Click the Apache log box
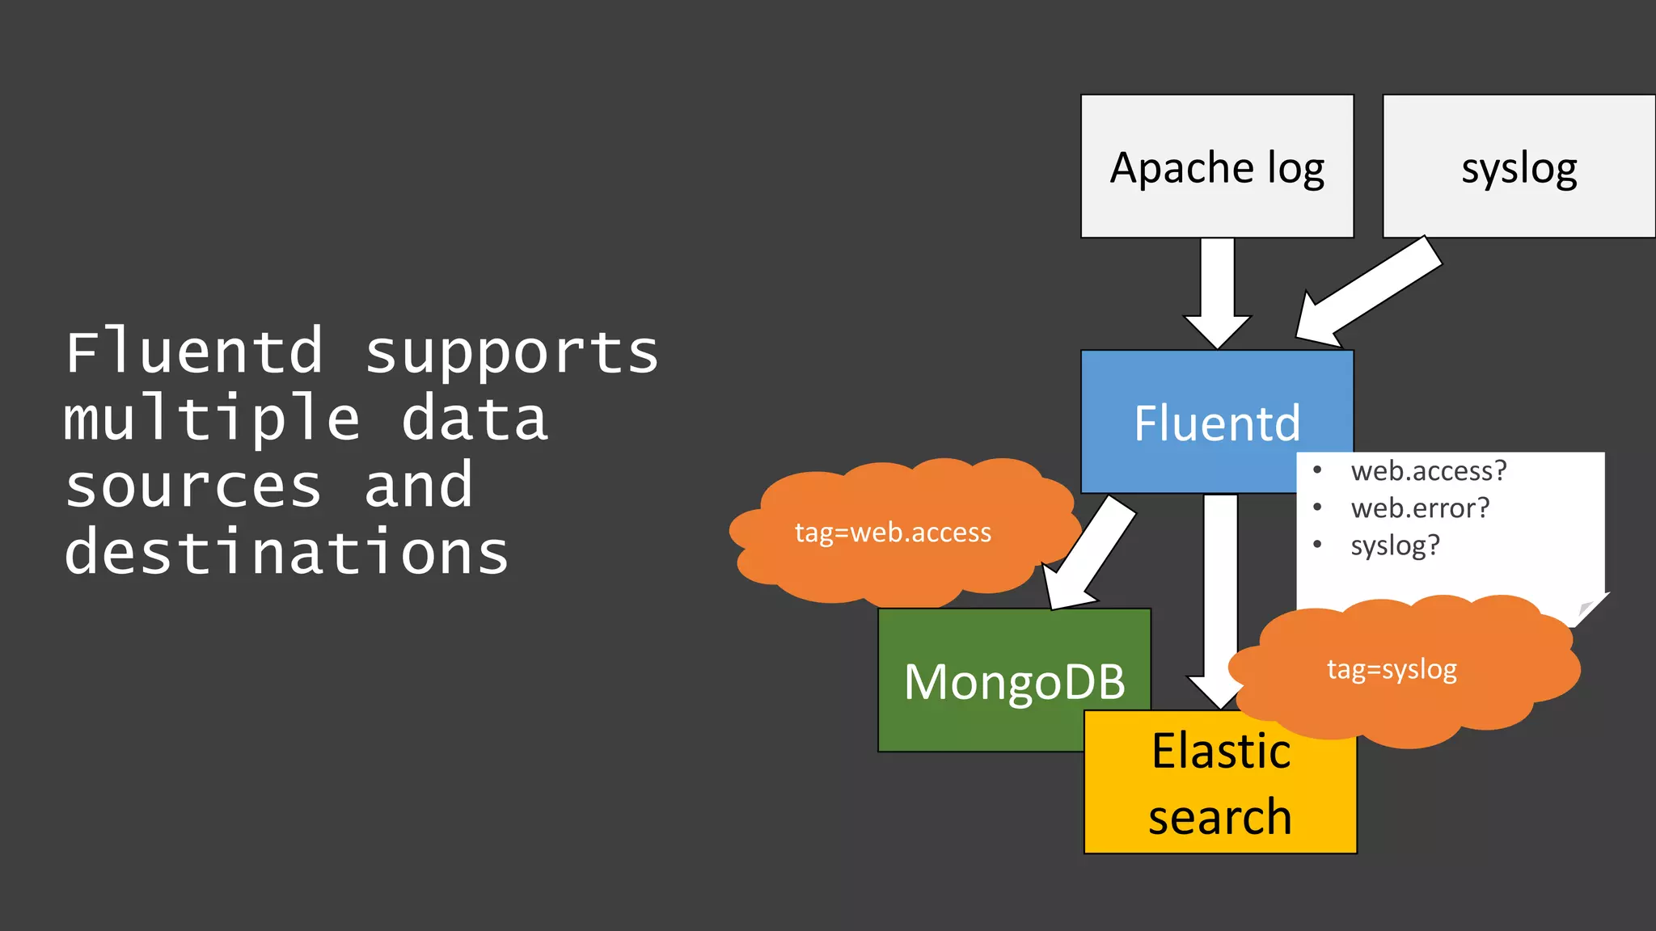(1217, 166)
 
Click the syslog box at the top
(1519, 166)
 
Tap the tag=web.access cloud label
(893, 533)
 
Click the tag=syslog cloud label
(1392, 669)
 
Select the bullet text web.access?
(1428, 470)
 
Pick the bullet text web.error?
(1419, 508)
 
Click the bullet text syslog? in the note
(1395, 546)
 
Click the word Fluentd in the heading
(194, 352)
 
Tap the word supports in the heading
(511, 354)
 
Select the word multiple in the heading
(212, 420)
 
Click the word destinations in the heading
(286, 554)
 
